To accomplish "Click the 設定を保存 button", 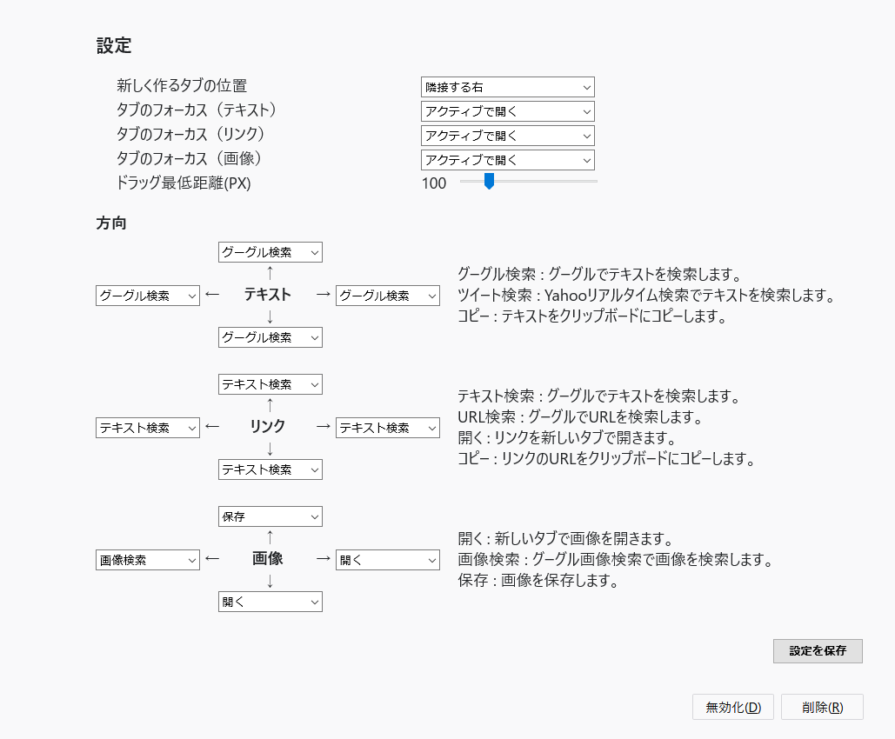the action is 818,651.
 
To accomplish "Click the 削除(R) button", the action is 822,707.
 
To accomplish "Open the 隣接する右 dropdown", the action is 507,87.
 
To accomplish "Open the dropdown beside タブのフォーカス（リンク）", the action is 507,136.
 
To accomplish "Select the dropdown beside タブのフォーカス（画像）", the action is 507,160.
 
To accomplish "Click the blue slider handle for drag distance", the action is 489,182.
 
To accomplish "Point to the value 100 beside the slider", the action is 434,183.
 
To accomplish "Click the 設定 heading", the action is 114,46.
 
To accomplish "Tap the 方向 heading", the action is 111,223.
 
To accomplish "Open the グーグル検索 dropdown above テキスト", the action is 270,252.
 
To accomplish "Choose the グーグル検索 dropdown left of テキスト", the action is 148,296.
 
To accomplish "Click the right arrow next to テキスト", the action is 324,295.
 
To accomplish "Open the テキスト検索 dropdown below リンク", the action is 270,469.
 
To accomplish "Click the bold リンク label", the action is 267,426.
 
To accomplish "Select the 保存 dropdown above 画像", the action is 270,517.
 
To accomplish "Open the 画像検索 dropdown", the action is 148,561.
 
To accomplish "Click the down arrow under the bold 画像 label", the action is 270,582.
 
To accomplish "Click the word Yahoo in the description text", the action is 564,296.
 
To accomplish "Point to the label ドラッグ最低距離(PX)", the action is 184,183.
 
